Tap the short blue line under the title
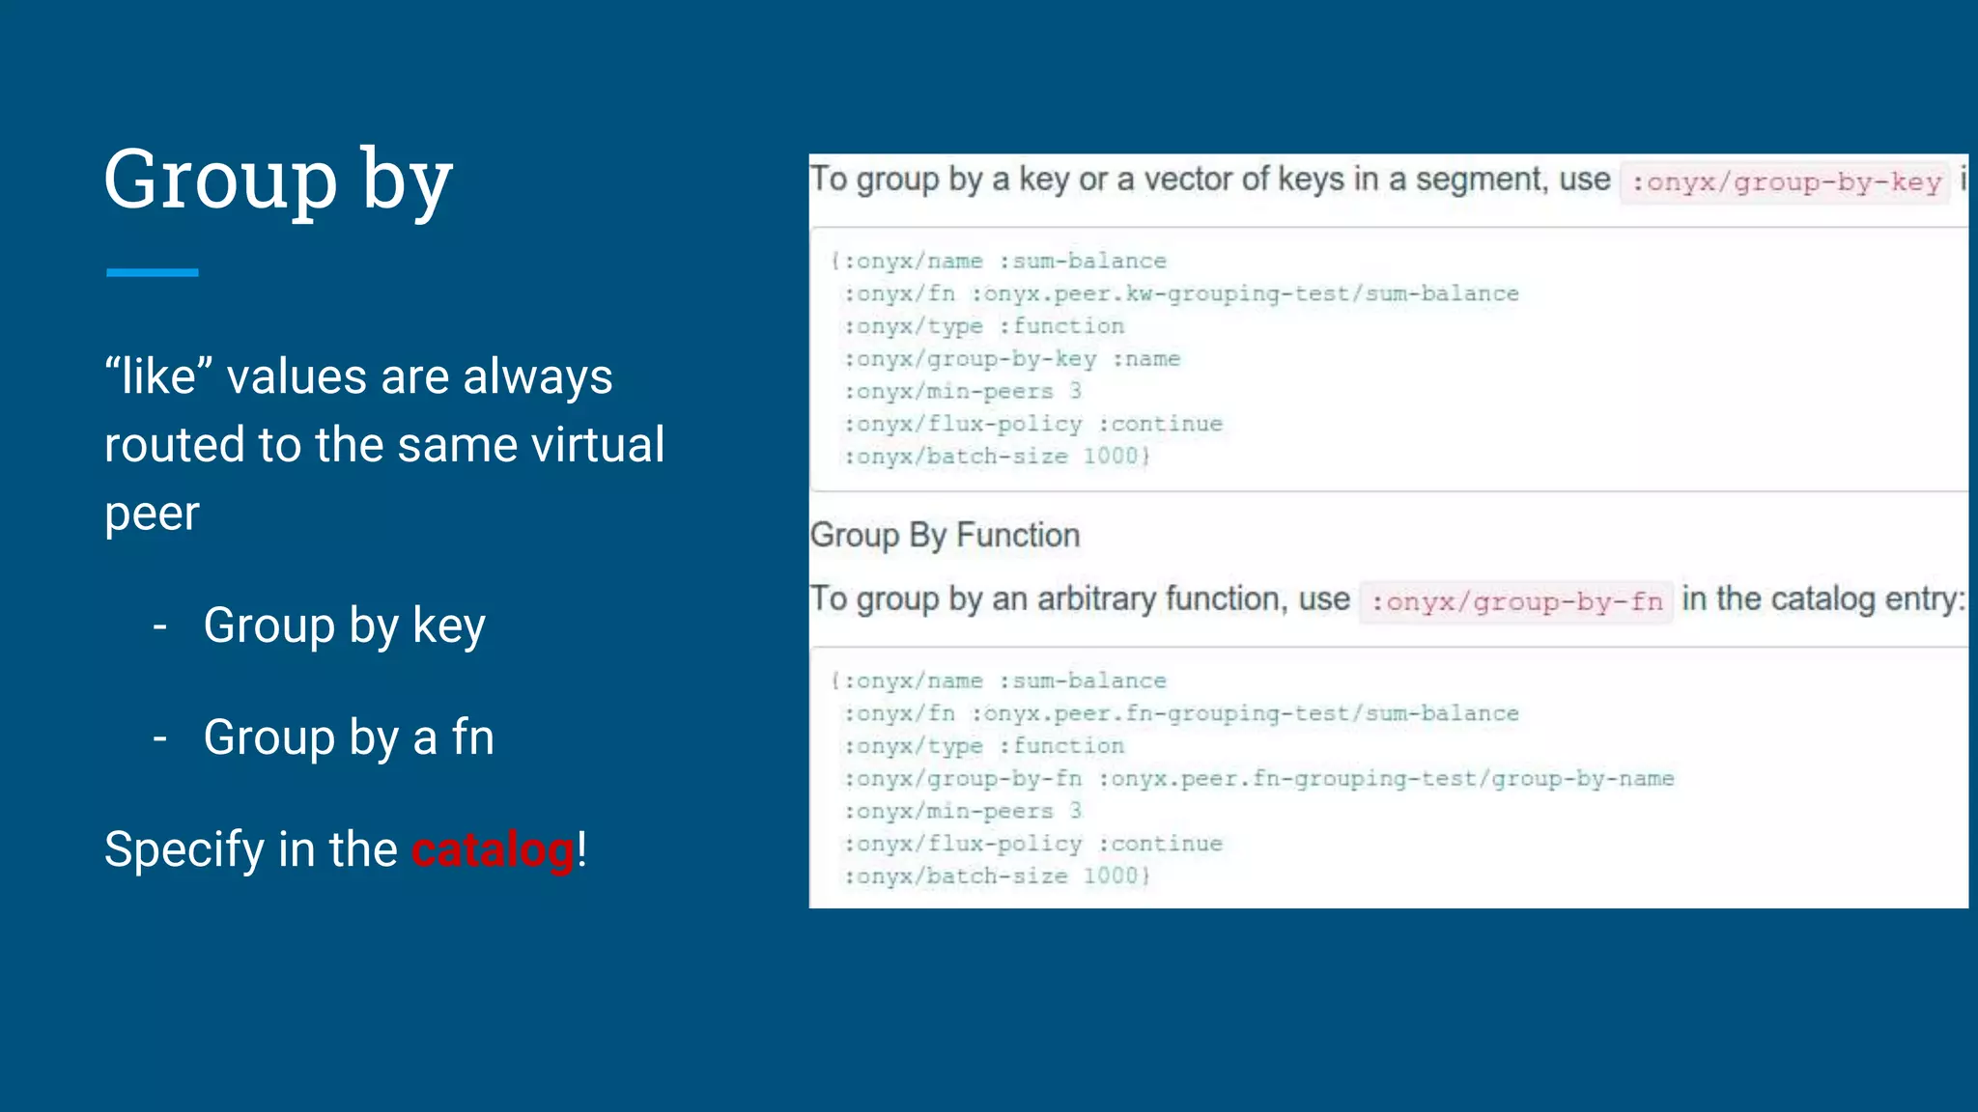[x=152, y=273]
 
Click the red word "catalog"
[x=493, y=850]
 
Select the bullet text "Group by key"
[x=344, y=625]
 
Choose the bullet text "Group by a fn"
[x=349, y=737]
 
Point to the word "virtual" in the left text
[x=599, y=445]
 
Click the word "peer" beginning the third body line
[x=152, y=514]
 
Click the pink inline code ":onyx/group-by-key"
[x=1785, y=181]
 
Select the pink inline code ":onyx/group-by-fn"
[x=1516, y=601]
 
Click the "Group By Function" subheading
[x=945, y=535]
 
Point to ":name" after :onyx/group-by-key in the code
[x=1145, y=359]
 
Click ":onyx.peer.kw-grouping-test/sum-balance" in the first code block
[x=1245, y=293]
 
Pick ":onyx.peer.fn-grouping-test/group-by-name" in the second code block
[x=1386, y=779]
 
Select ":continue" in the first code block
[x=1160, y=424]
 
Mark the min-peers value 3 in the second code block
[x=1075, y=812]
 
